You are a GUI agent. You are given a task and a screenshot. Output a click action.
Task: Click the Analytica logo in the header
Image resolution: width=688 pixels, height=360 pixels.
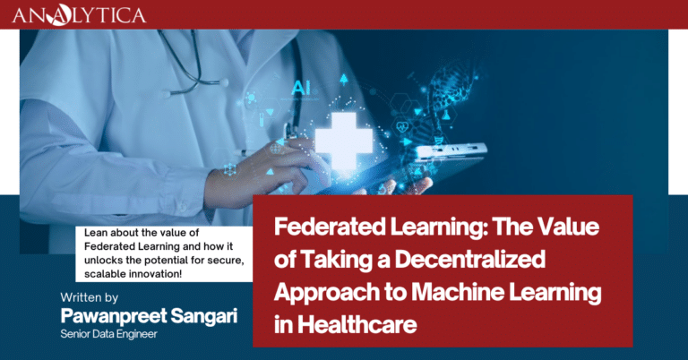(x=79, y=15)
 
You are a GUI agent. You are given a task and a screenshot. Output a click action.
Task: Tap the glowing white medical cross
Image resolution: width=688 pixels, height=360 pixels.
(x=344, y=141)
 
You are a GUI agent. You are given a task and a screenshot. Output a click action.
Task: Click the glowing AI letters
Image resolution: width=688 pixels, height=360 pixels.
(x=301, y=88)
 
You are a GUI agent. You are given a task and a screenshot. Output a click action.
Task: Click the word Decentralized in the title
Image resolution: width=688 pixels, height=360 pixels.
(x=470, y=259)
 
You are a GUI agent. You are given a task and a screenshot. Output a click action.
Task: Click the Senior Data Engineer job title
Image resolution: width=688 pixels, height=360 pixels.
(x=108, y=334)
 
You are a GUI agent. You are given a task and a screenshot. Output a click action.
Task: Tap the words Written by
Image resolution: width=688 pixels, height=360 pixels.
(x=90, y=297)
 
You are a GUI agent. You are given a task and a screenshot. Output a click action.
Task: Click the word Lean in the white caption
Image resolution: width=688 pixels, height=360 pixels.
(x=94, y=233)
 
